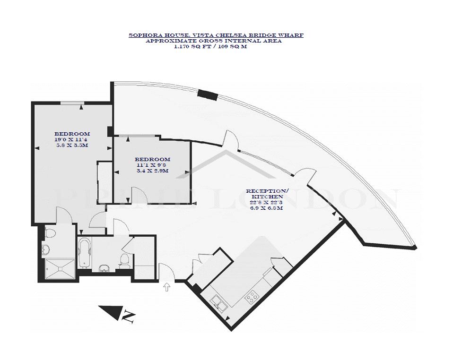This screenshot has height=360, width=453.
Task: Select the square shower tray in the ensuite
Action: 60,269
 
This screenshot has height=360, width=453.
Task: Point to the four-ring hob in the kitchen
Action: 252,296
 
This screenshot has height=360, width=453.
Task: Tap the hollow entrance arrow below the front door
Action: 167,287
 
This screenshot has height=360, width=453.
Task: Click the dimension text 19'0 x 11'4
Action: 72,140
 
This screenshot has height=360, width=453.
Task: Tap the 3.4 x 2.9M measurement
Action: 153,171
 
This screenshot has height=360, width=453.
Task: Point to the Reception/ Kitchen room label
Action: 267,194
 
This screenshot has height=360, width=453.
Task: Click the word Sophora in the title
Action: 141,35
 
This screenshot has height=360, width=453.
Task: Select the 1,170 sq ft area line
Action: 210,46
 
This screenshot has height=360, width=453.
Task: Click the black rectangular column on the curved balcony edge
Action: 208,95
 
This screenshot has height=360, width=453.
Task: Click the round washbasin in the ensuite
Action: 45,250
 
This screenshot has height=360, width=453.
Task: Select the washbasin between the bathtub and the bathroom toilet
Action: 104,269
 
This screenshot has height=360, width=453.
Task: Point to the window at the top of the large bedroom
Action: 72,103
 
